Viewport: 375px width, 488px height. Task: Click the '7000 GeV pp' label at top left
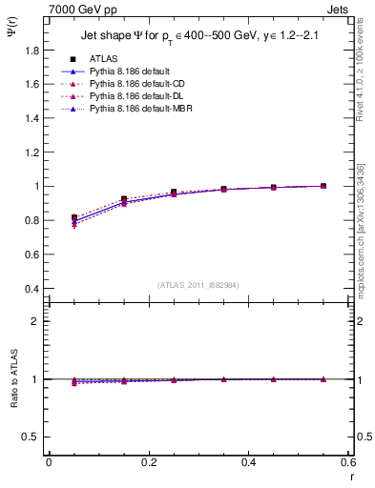click(77, 9)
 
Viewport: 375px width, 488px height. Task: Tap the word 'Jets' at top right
click(338, 9)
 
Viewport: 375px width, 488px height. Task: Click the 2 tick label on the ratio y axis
click(37, 321)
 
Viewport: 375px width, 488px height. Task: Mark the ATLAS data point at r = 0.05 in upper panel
click(74, 218)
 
